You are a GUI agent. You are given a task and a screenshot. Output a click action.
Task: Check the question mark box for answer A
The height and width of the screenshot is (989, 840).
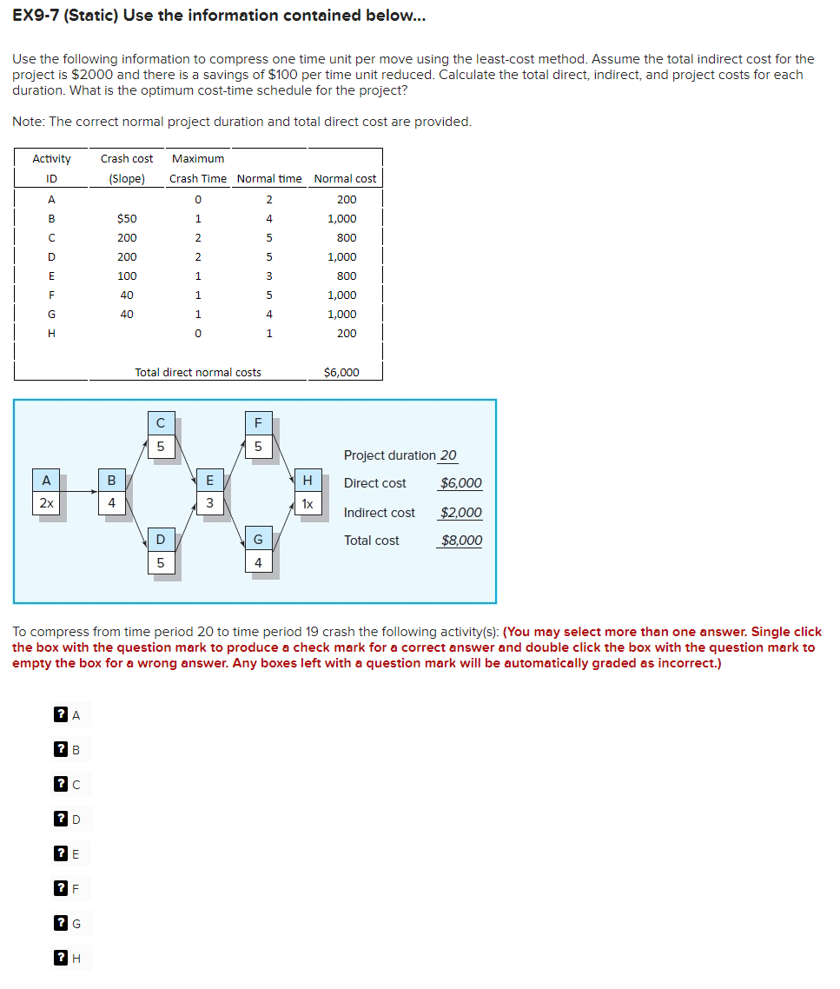[61, 715]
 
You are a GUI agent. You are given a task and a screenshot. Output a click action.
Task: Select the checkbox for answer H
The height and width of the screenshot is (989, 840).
[61, 959]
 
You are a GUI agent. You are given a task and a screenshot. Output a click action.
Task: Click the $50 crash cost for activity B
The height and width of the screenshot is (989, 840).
[127, 218]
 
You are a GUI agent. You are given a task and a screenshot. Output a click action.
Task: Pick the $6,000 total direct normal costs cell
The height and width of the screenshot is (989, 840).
[341, 372]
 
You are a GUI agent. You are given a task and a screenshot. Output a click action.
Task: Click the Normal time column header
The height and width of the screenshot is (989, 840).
[269, 178]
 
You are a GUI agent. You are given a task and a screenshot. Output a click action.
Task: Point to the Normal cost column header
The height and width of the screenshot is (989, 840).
[345, 178]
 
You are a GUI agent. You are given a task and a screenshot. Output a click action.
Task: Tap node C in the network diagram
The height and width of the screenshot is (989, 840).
[160, 424]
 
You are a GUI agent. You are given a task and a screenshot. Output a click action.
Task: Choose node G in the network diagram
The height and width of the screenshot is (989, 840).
[258, 540]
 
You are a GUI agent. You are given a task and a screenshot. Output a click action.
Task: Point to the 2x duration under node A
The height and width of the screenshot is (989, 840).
[46, 503]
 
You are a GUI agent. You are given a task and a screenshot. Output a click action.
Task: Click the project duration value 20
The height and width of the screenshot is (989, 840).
[448, 455]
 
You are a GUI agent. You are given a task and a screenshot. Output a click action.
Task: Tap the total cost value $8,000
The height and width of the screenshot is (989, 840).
[461, 541]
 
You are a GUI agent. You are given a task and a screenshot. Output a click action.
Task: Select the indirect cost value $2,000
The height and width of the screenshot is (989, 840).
[461, 513]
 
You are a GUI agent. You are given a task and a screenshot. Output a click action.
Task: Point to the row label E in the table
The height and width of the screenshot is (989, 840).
[51, 275]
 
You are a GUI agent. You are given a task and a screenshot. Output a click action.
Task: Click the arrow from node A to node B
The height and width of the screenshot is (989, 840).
[79, 492]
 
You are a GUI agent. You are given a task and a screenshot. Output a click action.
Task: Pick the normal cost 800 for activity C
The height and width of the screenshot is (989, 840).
[346, 237]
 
